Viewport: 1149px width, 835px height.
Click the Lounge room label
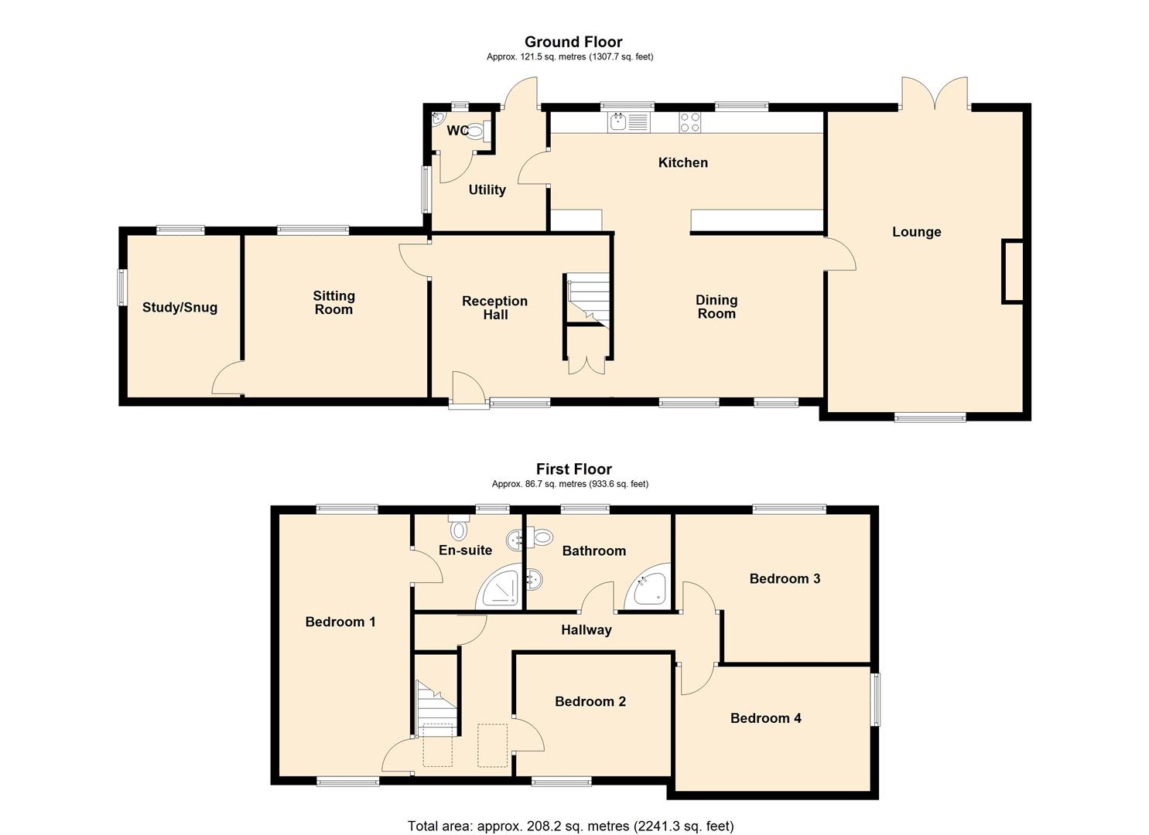[x=916, y=232]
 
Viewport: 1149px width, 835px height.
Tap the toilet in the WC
[x=477, y=132]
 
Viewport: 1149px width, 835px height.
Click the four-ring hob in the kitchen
[x=690, y=122]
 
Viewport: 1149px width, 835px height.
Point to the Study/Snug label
[x=180, y=308]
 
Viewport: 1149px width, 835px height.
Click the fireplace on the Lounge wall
[x=1013, y=271]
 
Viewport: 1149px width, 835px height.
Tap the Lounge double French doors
[x=934, y=95]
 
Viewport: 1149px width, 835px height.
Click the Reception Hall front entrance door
[x=467, y=391]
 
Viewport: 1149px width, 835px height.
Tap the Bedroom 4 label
[x=765, y=718]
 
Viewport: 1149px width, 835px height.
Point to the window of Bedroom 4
[x=876, y=700]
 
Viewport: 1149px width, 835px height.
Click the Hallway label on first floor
[x=586, y=630]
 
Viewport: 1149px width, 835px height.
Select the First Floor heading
[x=573, y=469]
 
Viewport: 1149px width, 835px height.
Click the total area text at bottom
[x=570, y=826]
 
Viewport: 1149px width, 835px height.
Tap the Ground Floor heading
[x=573, y=42]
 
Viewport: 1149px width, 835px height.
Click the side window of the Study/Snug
[x=121, y=287]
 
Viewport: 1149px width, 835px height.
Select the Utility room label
[x=487, y=190]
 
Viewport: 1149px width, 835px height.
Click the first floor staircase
[x=436, y=707]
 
